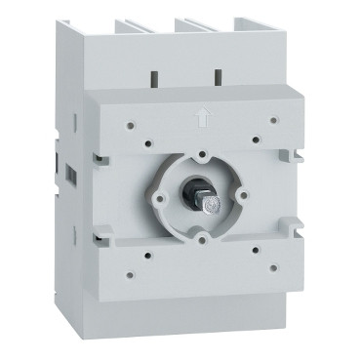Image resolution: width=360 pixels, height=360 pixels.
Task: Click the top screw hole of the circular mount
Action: tap(201, 154)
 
